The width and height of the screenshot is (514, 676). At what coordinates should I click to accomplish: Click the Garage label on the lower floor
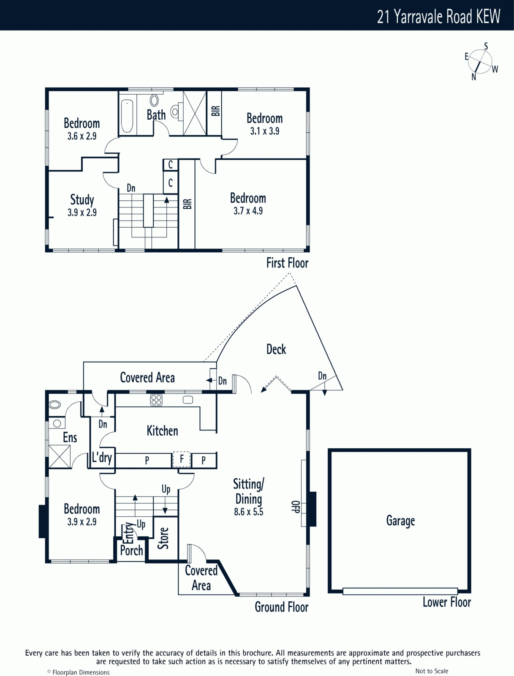tap(400, 521)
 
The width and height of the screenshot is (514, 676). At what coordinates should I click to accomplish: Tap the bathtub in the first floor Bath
tap(127, 116)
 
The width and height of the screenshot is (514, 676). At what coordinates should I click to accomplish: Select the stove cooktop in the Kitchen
tap(156, 400)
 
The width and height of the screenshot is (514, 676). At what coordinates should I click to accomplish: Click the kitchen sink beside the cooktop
tap(188, 400)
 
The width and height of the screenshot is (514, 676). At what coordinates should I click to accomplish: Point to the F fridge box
tap(182, 459)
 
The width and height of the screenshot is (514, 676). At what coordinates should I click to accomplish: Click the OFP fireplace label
tap(296, 507)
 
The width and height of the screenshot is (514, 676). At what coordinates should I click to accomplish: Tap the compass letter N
tap(474, 77)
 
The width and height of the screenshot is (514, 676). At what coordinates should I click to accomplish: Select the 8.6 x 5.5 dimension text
tap(249, 512)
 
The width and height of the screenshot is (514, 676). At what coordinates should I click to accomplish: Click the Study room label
tap(82, 200)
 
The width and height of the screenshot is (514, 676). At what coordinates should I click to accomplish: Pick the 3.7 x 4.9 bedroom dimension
tap(248, 211)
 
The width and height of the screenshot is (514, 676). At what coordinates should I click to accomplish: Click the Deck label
tap(276, 349)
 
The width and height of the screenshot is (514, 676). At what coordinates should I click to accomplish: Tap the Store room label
tap(163, 538)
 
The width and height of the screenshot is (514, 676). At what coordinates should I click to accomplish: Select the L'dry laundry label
tap(102, 458)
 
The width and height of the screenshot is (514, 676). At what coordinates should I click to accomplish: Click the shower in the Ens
tap(60, 456)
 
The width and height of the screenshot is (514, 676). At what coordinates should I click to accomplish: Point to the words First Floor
tap(287, 263)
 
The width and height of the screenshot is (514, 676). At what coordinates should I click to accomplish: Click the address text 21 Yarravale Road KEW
tap(438, 16)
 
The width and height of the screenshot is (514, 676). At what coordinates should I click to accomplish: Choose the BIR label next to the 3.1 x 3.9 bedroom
tap(216, 111)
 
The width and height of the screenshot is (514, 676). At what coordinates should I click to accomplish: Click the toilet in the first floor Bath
tap(175, 111)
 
